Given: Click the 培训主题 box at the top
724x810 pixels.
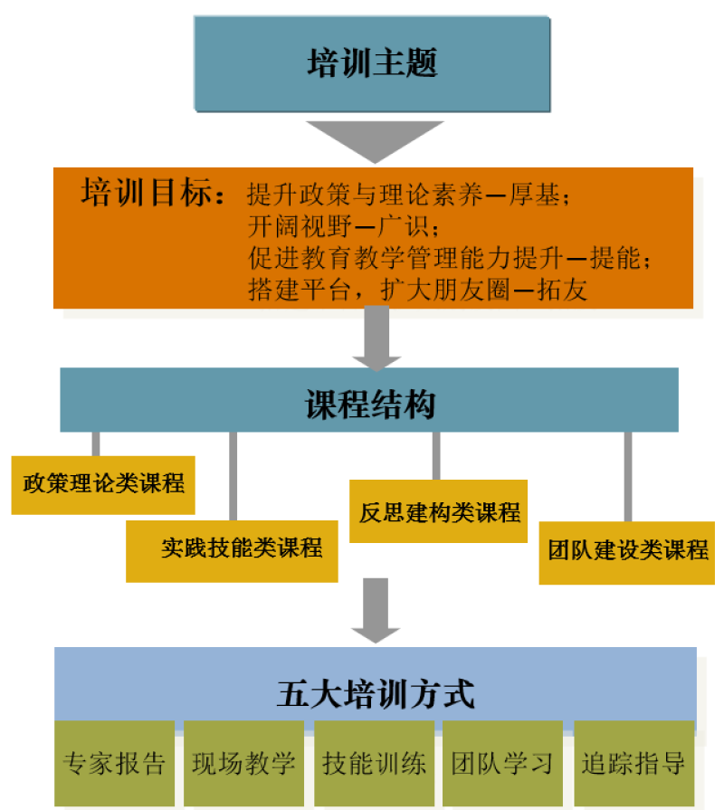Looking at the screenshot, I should tap(371, 64).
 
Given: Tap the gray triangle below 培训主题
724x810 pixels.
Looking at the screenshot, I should tap(371, 137).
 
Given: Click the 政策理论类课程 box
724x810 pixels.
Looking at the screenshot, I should tap(104, 483).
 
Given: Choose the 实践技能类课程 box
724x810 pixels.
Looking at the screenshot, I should tap(233, 548).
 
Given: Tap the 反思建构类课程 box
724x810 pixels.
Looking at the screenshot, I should tap(438, 512).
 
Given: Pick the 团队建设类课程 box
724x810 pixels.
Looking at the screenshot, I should tap(627, 550).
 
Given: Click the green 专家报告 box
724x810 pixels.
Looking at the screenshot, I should tap(114, 763).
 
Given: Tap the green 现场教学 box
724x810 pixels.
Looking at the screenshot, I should tap(243, 763).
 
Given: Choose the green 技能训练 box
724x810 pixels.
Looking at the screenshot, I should tap(374, 763).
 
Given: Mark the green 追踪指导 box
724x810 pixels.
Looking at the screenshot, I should tap(633, 763).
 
